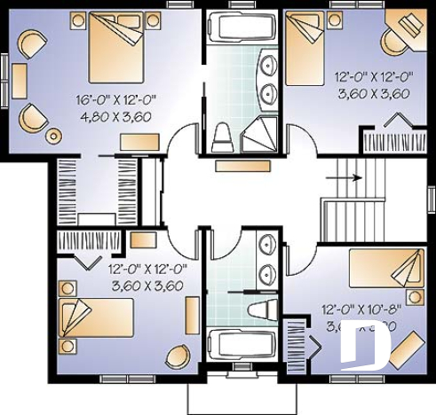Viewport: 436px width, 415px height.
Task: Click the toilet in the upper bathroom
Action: pyautogui.click(x=223, y=137)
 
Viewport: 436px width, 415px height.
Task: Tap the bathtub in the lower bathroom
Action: pyautogui.click(x=240, y=341)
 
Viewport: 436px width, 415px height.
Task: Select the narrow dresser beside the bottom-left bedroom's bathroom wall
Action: pyautogui.click(x=192, y=315)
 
